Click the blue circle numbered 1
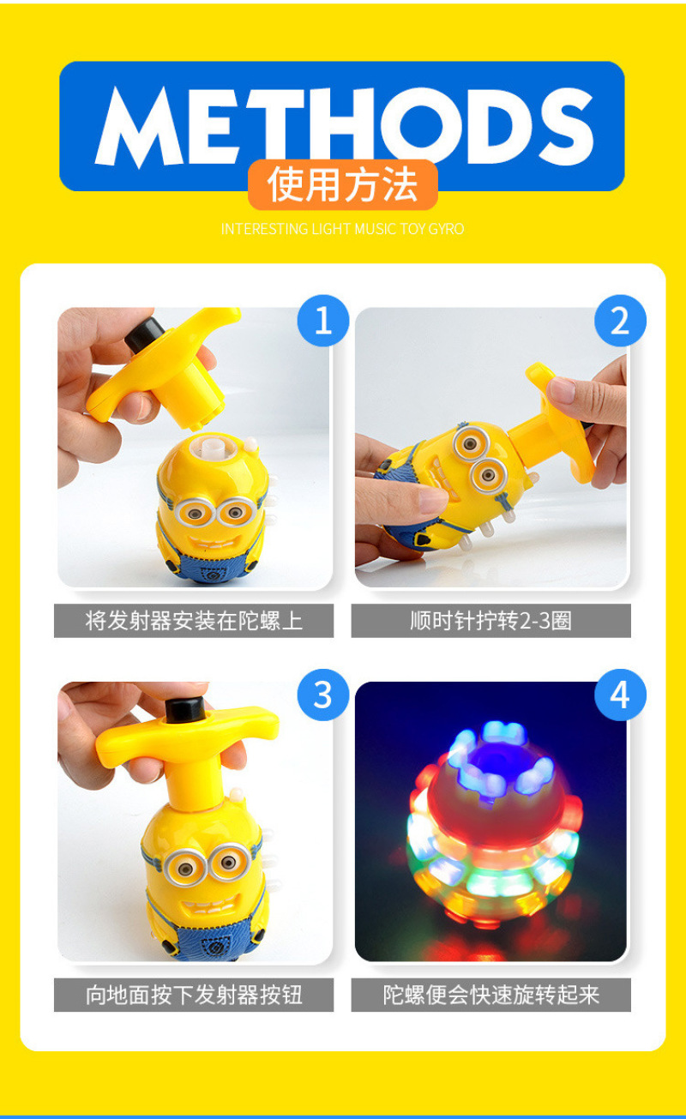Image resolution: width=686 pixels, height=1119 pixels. [322, 321]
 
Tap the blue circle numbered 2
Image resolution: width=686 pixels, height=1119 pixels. [620, 321]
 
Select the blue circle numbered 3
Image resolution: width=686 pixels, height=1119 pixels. [322, 695]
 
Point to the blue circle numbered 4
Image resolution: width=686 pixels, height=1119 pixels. [620, 695]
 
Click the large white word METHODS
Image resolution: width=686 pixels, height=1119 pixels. [344, 126]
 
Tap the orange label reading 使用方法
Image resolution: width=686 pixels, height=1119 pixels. [343, 185]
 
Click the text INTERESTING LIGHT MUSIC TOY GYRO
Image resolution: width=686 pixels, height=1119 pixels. [343, 229]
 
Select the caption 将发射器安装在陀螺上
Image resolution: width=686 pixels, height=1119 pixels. [194, 621]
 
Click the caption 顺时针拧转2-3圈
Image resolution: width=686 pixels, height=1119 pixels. [490, 621]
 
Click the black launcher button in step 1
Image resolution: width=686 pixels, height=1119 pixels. [144, 334]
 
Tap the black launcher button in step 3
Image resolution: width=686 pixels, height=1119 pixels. [185, 710]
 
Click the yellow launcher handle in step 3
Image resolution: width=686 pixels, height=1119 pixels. [188, 750]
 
